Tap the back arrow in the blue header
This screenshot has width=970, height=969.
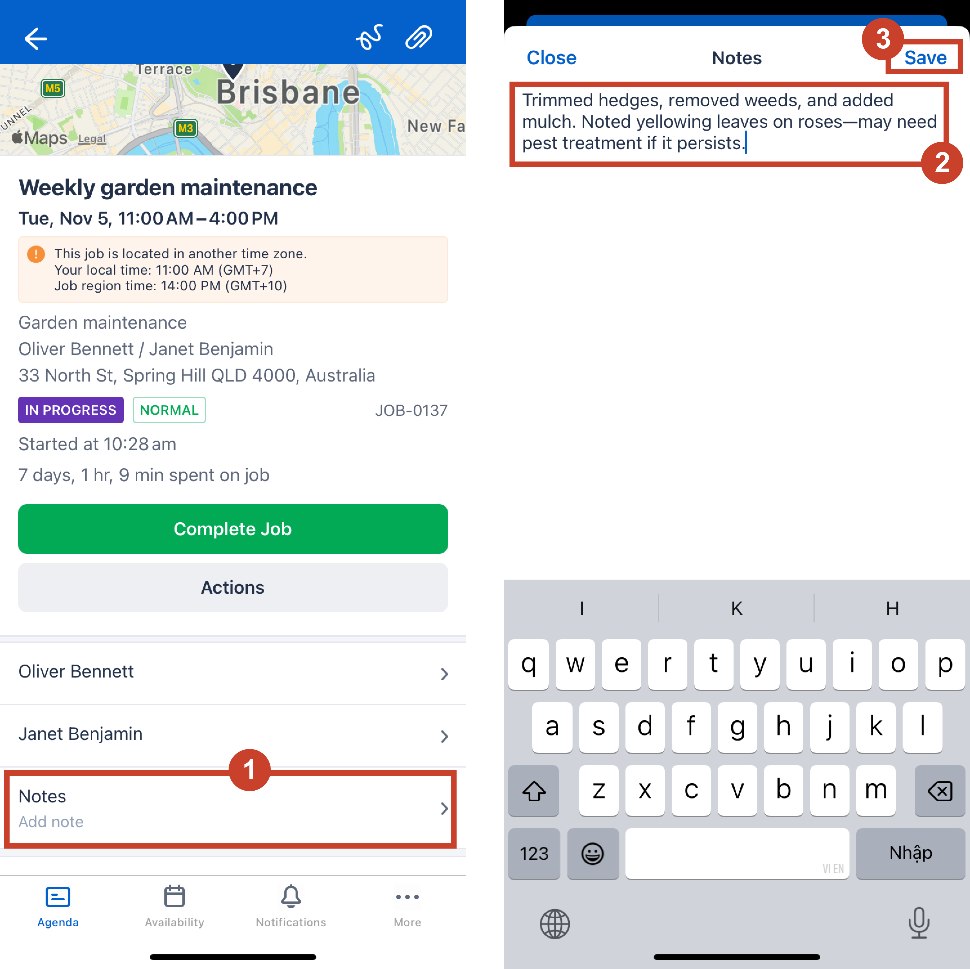click(x=36, y=39)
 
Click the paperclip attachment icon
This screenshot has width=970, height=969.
click(x=419, y=37)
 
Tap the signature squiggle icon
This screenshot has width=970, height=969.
click(x=370, y=37)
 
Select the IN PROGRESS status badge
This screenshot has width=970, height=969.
click(x=71, y=410)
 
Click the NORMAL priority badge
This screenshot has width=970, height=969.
click(x=169, y=410)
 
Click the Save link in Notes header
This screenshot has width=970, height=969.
click(x=925, y=58)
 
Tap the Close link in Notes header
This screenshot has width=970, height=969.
click(x=551, y=58)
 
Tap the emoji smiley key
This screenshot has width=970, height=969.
click(x=593, y=853)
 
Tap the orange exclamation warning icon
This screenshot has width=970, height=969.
click(x=36, y=254)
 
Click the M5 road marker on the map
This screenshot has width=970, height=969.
click(x=53, y=89)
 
